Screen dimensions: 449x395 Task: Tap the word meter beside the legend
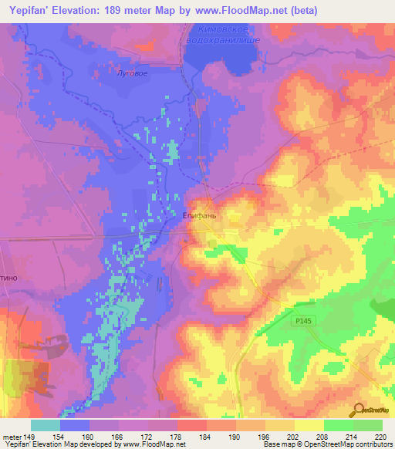(11, 436)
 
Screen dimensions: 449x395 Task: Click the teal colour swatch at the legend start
(45, 425)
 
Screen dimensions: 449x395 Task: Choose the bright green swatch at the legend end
(367, 425)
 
